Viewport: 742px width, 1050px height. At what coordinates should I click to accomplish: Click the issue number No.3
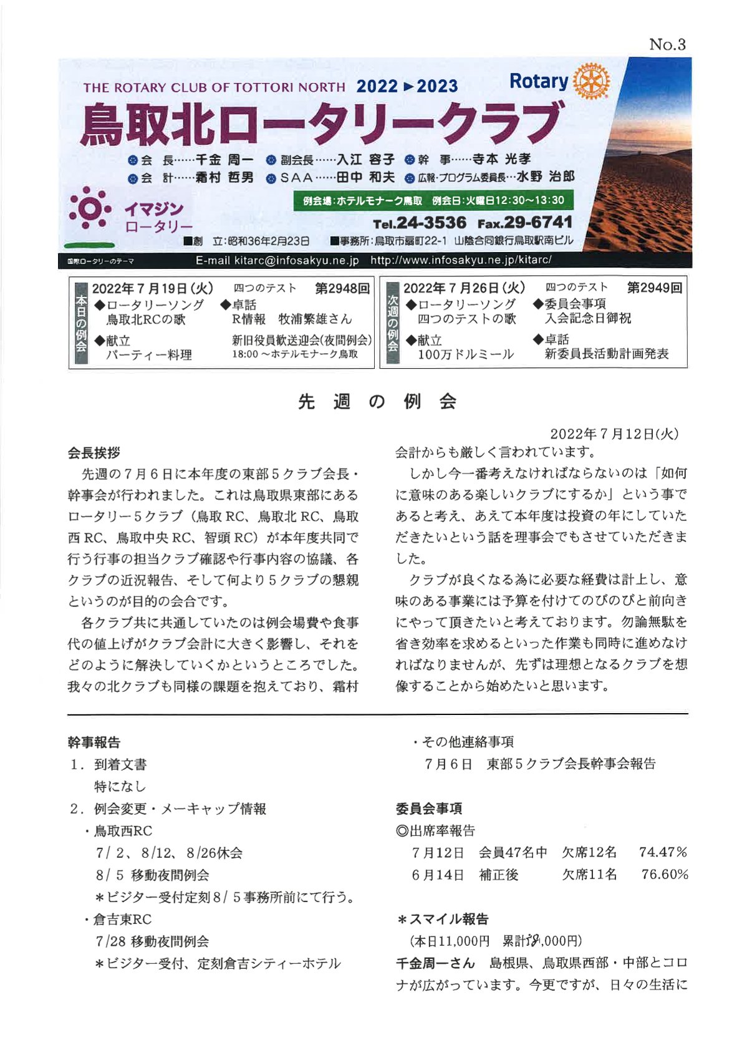point(667,44)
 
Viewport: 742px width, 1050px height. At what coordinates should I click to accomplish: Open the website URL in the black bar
point(461,260)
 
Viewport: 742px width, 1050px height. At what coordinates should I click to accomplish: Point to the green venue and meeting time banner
point(433,200)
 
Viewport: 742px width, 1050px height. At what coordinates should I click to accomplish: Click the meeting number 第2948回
point(342,288)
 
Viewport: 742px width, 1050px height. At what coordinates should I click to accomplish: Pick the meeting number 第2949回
point(654,288)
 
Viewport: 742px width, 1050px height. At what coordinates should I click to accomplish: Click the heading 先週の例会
point(377,401)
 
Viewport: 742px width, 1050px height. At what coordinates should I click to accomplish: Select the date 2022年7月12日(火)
point(614,434)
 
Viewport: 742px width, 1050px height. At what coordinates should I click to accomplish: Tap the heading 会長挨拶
point(94,453)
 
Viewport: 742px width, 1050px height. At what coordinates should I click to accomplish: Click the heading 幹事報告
point(94,742)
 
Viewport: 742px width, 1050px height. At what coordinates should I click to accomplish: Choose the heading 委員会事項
point(429,809)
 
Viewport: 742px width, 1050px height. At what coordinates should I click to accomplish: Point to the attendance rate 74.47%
point(663,852)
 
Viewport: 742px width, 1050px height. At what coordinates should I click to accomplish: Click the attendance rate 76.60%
point(665,875)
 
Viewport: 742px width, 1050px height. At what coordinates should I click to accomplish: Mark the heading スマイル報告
point(448,919)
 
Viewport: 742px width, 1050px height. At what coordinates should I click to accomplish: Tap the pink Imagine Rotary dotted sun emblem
point(90,210)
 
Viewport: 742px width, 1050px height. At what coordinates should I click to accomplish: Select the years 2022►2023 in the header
point(407,86)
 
